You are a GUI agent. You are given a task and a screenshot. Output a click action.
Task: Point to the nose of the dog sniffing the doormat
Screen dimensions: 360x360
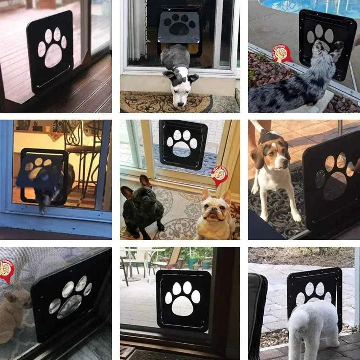[179, 104]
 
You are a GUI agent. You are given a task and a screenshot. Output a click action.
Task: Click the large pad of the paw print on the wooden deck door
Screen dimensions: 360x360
[54, 56]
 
